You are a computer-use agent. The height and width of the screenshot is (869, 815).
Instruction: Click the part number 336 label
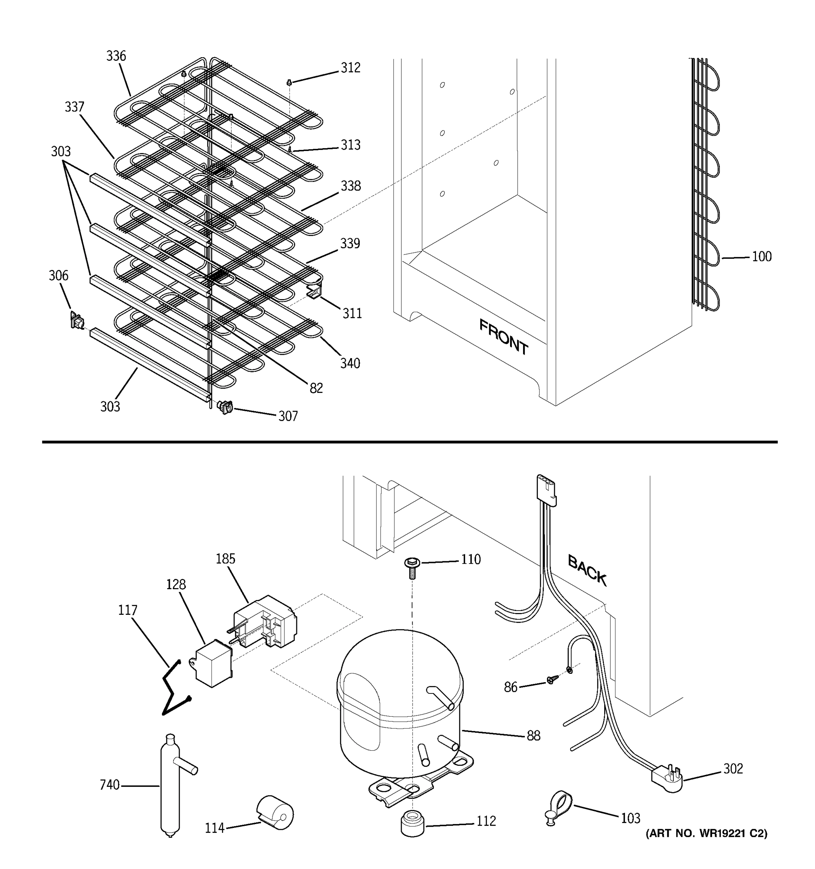pyautogui.click(x=116, y=56)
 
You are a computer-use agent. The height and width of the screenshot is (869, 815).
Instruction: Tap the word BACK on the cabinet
pyautogui.click(x=587, y=570)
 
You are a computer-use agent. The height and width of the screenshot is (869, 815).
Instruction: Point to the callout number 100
pyautogui.click(x=761, y=257)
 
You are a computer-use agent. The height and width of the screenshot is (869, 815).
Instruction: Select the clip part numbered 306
pyautogui.click(x=77, y=321)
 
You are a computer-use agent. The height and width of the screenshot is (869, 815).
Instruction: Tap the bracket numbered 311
pyautogui.click(x=314, y=291)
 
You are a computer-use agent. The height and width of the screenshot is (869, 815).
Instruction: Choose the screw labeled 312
pyautogui.click(x=289, y=82)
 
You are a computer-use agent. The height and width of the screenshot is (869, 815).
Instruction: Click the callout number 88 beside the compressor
pyautogui.click(x=533, y=736)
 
